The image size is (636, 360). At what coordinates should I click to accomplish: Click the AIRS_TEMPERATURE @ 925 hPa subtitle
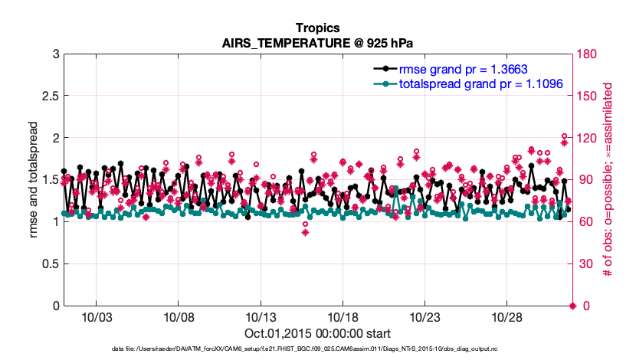(x=317, y=43)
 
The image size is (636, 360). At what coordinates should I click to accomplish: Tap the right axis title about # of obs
(x=610, y=179)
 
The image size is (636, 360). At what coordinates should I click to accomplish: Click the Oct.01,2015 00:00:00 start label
(x=317, y=333)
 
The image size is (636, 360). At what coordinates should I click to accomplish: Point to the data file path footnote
(x=317, y=349)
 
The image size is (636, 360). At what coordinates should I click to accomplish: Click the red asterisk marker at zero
(x=572, y=306)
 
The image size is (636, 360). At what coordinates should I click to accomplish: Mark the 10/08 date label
(x=178, y=317)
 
